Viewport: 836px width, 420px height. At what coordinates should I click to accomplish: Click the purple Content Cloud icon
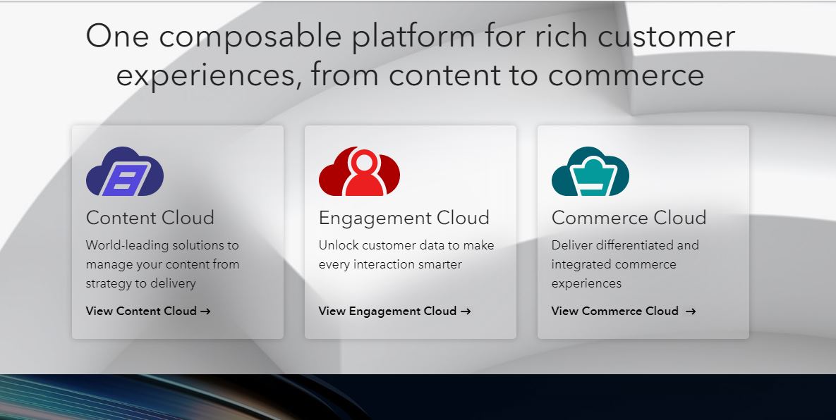[125, 171]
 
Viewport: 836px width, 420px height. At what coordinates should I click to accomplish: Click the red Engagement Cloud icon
[359, 171]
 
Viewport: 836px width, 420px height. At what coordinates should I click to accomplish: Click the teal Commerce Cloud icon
[590, 171]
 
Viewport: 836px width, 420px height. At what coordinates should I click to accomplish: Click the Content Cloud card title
[150, 218]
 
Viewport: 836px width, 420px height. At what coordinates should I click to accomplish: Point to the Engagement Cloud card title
[404, 218]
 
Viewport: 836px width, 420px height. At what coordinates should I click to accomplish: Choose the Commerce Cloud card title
[629, 218]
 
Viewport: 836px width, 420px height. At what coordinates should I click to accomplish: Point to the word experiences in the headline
[207, 75]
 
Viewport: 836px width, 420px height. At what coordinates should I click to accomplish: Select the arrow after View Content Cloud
[205, 311]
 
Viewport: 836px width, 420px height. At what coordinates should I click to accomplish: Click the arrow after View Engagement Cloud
[466, 311]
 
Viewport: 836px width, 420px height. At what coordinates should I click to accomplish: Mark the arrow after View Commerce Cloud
[691, 311]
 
